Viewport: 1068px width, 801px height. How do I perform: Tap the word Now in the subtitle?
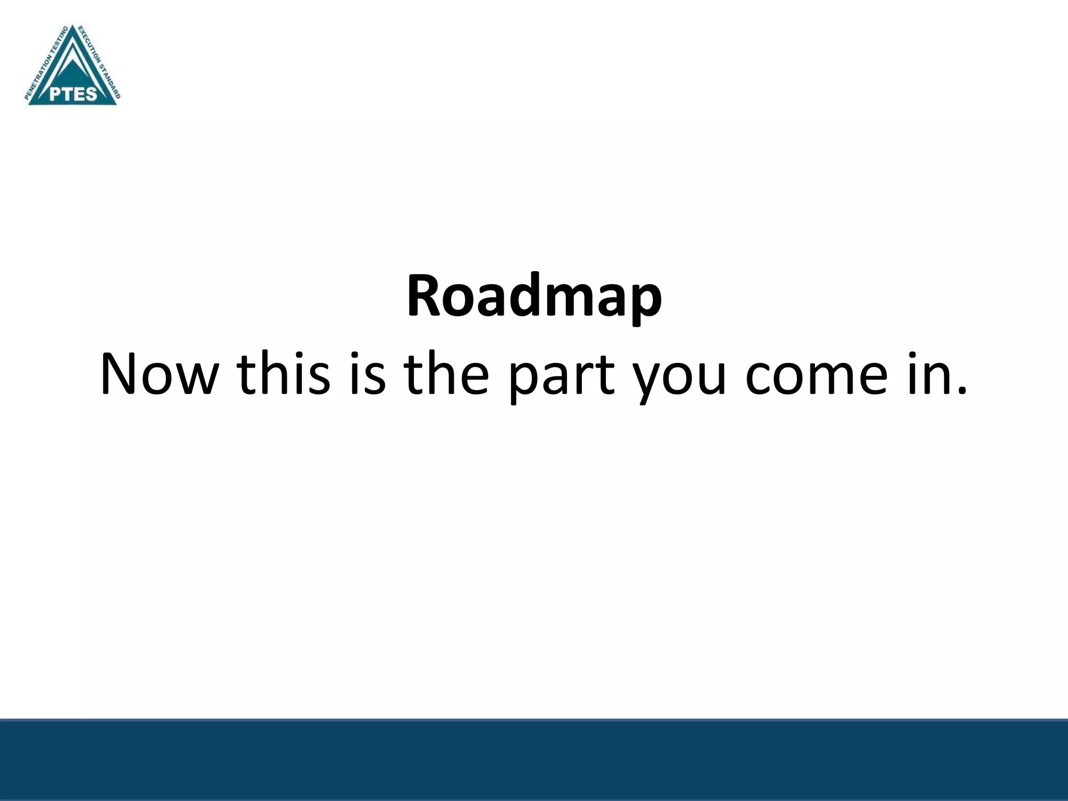pyautogui.click(x=157, y=375)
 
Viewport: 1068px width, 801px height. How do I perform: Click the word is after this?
pyautogui.click(x=367, y=375)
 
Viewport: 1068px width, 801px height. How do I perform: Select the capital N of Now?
pyautogui.click(x=120, y=374)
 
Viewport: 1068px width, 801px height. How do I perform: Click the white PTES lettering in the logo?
pyautogui.click(x=73, y=94)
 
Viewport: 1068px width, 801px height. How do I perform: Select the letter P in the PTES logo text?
pyautogui.click(x=55, y=94)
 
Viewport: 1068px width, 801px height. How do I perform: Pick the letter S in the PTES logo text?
pyautogui.click(x=91, y=94)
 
